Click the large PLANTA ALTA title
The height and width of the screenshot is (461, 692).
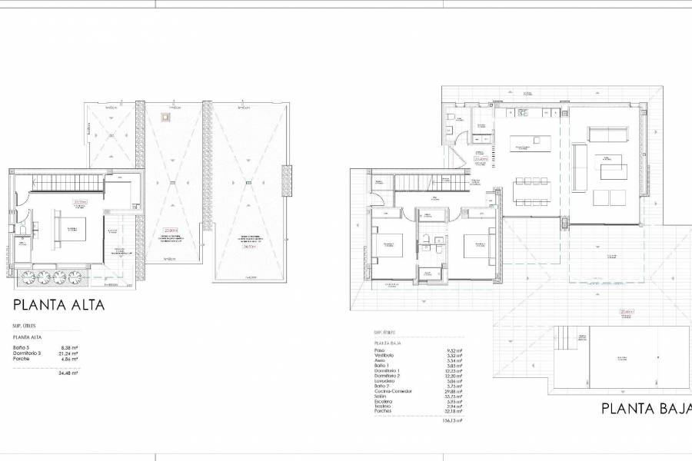pos(58,305)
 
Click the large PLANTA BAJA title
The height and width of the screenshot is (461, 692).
pos(646,408)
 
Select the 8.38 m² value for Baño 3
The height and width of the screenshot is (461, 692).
pos(70,347)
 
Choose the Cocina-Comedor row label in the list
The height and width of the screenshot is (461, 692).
pos(392,390)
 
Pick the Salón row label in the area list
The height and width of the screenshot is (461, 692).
pos(380,396)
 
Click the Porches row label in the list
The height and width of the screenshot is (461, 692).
pos(382,410)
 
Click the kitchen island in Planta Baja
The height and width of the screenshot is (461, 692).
pos(531,143)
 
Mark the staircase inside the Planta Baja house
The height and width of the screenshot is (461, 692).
pos(431,182)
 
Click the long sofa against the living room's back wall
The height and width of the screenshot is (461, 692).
pos(607,134)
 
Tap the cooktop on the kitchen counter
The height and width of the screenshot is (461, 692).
pos(523,113)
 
